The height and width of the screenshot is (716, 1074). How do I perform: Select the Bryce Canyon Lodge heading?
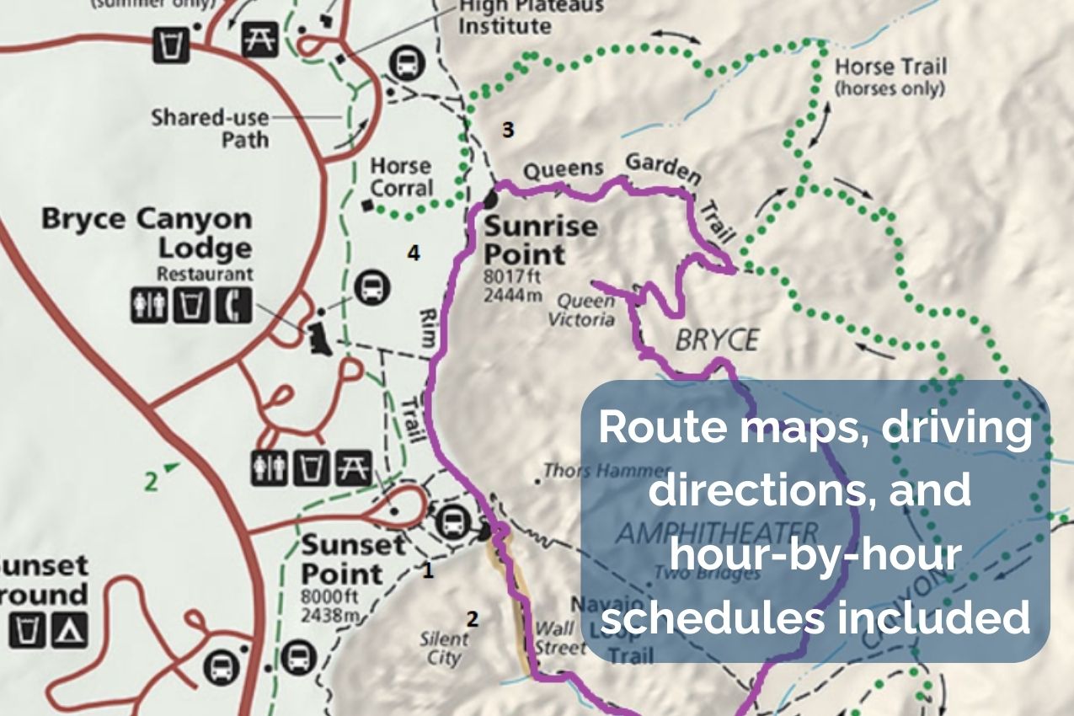[x=147, y=233]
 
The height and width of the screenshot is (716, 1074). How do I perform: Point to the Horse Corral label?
[x=401, y=177]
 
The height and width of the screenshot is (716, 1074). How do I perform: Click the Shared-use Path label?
[x=211, y=127]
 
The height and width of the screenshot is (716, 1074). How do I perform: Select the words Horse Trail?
[x=890, y=67]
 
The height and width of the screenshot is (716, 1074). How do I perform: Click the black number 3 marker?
[x=507, y=130]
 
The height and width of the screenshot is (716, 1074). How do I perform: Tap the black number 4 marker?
[x=413, y=252]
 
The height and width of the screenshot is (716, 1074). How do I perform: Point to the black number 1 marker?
[x=428, y=571]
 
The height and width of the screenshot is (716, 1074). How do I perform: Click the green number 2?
[x=151, y=482]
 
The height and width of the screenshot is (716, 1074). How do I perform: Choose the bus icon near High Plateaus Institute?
[x=406, y=61]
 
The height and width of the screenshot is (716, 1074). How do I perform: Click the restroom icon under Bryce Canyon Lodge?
[x=148, y=306]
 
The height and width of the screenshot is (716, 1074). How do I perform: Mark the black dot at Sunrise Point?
[x=491, y=201]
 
